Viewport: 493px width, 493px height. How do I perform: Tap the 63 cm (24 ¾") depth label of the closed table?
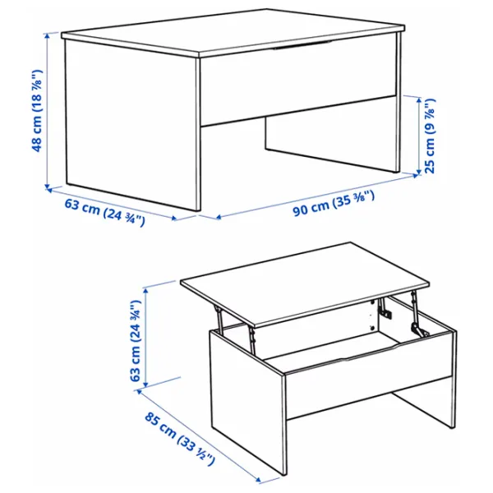click(x=104, y=212)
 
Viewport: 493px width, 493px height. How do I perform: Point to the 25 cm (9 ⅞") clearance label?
click(x=428, y=136)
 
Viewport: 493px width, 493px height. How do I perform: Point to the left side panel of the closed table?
click(x=131, y=123)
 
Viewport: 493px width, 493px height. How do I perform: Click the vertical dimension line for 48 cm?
click(x=48, y=111)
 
